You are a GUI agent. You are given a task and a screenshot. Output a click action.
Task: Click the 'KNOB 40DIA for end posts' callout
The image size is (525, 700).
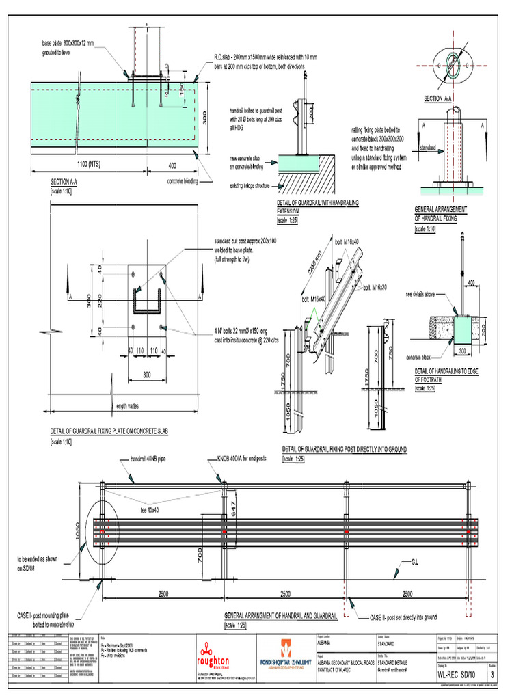click(x=254, y=459)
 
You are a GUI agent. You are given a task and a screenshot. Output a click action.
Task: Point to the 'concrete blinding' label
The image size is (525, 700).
click(x=187, y=182)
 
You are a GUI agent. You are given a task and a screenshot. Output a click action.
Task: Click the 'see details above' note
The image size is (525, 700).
click(x=425, y=294)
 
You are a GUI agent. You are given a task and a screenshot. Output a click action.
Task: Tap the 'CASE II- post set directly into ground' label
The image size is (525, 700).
click(x=403, y=617)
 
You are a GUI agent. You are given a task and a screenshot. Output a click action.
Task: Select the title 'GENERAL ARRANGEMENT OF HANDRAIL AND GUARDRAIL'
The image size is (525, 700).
click(x=281, y=616)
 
